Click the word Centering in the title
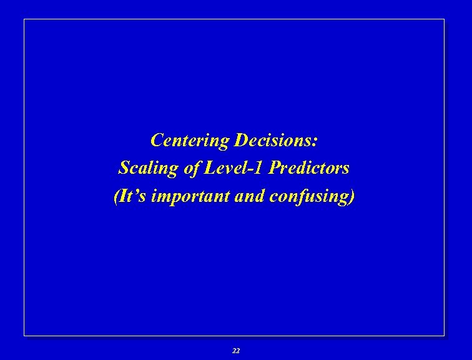pos(190,140)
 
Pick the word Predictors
pos(309,168)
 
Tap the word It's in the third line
pos(133,196)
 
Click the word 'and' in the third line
pos(251,196)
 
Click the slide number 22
pos(235,351)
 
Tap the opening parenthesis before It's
pos(117,196)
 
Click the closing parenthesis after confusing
pos(353,196)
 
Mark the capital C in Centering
pos(156,140)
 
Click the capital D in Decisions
pos(240,140)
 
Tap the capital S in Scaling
pos(124,168)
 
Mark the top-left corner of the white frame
pos(24,19)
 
